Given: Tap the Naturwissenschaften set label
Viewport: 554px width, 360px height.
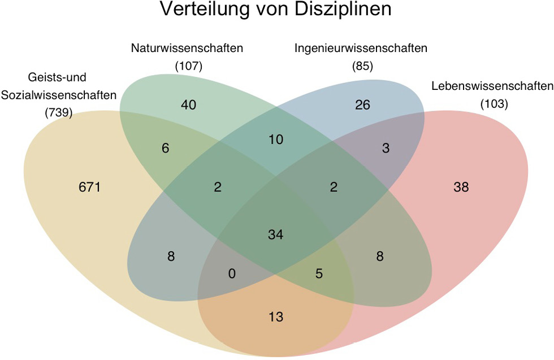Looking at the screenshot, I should [187, 48].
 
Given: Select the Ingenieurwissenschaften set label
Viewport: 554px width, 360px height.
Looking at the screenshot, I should [361, 48].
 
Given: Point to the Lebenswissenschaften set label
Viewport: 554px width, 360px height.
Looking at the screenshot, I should [491, 86].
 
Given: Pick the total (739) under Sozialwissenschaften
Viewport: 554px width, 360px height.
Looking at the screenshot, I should [58, 112].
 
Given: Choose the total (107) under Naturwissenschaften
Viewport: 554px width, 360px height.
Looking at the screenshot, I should [189, 66].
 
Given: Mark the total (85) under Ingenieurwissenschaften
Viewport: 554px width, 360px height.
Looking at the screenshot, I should [361, 66].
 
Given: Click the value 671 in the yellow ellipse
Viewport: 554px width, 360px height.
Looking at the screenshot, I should [89, 186].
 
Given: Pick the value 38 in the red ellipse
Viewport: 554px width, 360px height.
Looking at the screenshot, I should [461, 186].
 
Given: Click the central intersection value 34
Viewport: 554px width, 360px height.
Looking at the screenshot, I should [276, 234].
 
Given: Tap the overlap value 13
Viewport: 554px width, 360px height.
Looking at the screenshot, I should [276, 316].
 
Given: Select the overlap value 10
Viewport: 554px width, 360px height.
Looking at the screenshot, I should [276, 140].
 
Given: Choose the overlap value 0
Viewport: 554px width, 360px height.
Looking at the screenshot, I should [231, 273].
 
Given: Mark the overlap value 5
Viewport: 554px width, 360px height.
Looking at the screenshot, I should [319, 273].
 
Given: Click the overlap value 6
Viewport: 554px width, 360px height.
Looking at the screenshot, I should [165, 148].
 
